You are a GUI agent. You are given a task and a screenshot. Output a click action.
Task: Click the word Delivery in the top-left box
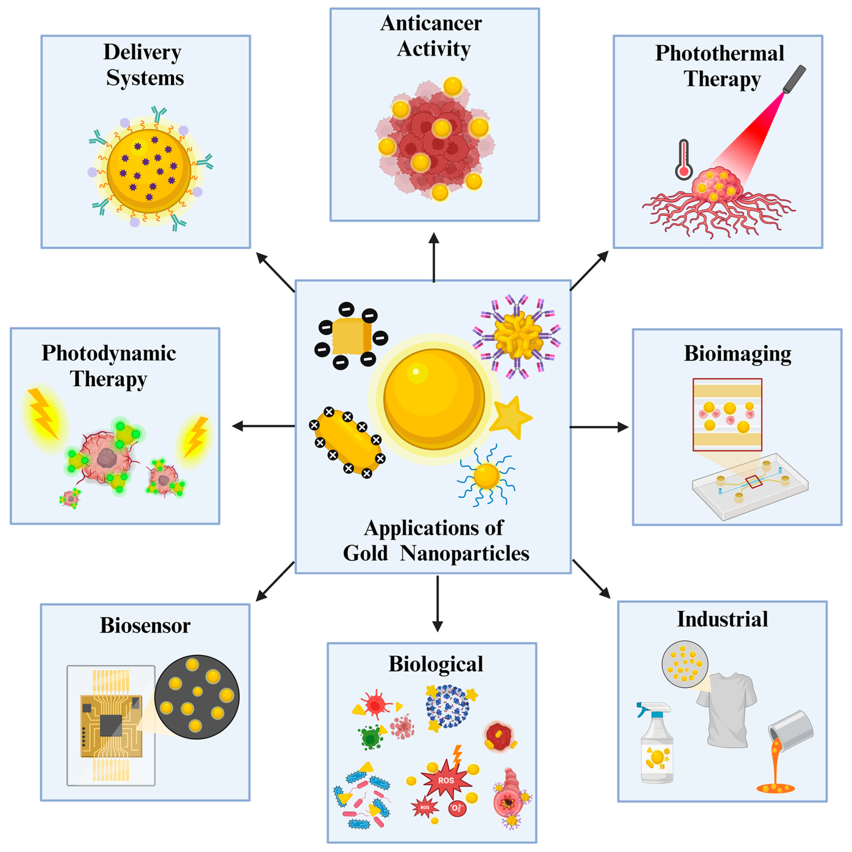click(x=142, y=52)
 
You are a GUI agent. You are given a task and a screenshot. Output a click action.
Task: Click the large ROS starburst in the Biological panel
click(x=446, y=780)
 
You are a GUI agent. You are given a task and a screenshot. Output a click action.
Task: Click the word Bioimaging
click(x=737, y=354)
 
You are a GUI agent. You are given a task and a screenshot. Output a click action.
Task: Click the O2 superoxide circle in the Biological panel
click(x=457, y=808)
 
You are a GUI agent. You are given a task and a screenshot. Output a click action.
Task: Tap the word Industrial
click(x=722, y=619)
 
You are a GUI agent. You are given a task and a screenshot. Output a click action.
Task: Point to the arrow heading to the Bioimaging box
click(x=600, y=427)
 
